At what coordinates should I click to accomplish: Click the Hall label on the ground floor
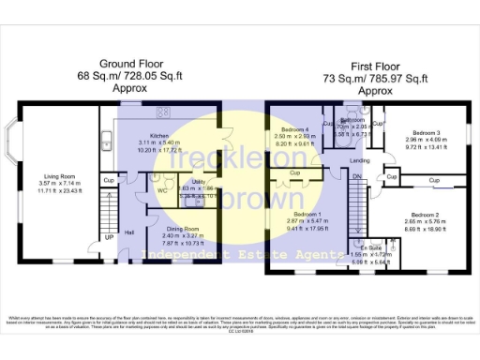click(x=128, y=232)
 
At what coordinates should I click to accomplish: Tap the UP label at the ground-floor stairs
click(x=110, y=238)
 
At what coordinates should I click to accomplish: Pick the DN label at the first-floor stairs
click(x=356, y=176)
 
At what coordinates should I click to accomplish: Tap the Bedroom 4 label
click(x=293, y=128)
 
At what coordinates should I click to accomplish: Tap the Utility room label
click(x=198, y=182)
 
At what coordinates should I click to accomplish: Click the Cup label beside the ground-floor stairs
click(x=109, y=181)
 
